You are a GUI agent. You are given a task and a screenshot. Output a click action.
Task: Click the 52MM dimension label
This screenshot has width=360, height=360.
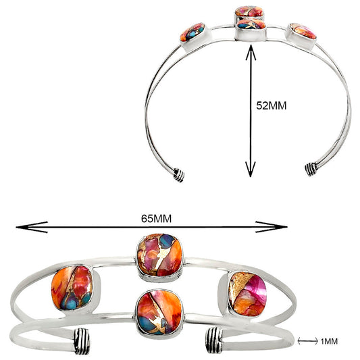tap(272, 106)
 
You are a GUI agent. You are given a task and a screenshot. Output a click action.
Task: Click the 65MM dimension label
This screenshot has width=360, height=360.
tap(156, 219)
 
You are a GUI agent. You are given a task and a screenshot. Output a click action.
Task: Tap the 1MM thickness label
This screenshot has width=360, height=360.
tap(329, 341)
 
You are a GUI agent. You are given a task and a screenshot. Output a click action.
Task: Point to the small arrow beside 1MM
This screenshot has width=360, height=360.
tap(307, 341)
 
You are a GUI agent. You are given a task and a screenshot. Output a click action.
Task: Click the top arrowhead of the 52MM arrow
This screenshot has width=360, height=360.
tap(251, 53)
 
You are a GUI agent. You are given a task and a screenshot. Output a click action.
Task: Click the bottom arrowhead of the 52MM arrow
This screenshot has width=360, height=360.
tap(251, 170)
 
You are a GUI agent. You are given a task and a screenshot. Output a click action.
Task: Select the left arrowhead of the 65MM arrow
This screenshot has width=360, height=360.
tap(32, 227)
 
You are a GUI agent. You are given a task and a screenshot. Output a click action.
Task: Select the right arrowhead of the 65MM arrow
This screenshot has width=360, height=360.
tap(272, 227)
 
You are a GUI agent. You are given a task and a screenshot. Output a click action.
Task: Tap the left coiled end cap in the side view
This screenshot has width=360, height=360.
tap(179, 175)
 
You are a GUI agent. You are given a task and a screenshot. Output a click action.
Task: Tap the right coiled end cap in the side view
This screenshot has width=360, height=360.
tap(311, 170)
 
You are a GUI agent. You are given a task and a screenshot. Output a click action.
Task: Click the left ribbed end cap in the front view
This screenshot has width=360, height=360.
tap(82, 341)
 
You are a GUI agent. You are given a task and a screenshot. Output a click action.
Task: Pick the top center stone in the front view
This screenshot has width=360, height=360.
tap(159, 255)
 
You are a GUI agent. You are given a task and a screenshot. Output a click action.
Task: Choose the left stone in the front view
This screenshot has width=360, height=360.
tap(72, 288)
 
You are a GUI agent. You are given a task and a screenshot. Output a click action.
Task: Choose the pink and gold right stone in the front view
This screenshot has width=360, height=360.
tap(248, 294)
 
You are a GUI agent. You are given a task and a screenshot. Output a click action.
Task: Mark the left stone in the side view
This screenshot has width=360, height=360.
tap(192, 32)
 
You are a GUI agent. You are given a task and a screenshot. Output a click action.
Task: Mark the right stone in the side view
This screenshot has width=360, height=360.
tap(303, 31)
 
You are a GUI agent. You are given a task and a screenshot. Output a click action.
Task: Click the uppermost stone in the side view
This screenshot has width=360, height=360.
tap(249, 11)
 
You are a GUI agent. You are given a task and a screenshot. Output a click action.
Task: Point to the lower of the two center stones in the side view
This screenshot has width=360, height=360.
tap(251, 24)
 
